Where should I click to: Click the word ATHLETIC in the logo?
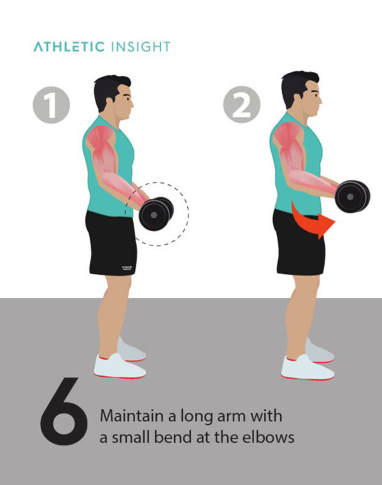click(x=69, y=47)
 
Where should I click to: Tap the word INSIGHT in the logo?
click(x=140, y=47)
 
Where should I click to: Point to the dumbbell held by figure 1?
click(x=155, y=213)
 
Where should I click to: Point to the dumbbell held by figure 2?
click(x=352, y=195)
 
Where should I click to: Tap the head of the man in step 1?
click(x=113, y=96)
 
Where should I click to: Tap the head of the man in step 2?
click(x=301, y=92)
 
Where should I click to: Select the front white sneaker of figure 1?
click(x=119, y=366)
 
